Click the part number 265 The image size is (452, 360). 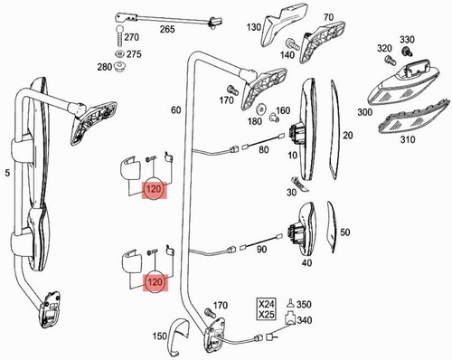(167, 29)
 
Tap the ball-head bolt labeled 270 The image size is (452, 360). (119, 37)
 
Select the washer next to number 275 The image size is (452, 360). (120, 54)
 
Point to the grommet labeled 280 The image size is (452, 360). (120, 66)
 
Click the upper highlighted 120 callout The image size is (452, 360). (154, 190)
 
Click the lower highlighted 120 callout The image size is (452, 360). (155, 282)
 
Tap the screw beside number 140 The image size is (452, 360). (293, 44)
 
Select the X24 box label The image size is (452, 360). (267, 304)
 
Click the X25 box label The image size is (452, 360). (267, 314)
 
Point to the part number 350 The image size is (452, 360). (304, 304)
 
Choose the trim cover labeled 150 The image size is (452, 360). (179, 336)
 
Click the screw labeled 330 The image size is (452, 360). (407, 52)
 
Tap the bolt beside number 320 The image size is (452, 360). (389, 59)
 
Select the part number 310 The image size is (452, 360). (408, 139)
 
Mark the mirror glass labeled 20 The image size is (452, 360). (334, 129)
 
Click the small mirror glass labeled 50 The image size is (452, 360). (332, 227)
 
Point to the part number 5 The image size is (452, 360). (8, 173)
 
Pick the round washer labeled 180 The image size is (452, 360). (260, 109)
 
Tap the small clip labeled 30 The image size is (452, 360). (299, 185)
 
